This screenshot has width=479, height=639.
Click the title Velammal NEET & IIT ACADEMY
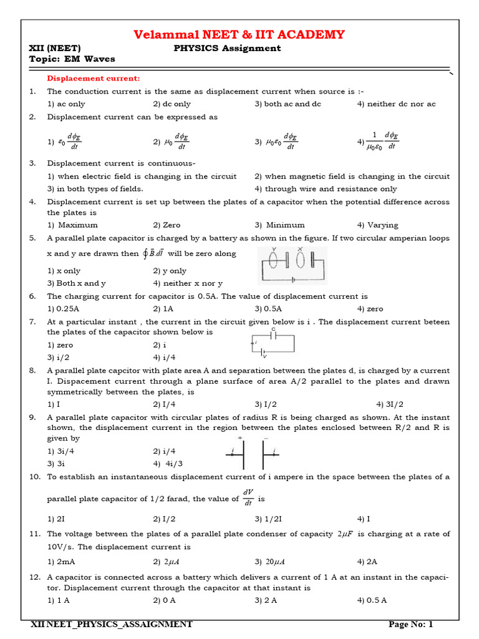click(239, 34)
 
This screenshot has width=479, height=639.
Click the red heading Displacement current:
click(94, 78)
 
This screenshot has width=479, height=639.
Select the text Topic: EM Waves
click(72, 59)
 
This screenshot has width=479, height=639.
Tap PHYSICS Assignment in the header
click(226, 48)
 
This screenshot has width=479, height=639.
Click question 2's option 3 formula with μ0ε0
click(274, 142)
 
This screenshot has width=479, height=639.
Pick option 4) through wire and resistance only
click(326, 188)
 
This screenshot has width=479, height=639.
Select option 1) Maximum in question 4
click(72, 225)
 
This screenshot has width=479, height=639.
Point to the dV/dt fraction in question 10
click(248, 498)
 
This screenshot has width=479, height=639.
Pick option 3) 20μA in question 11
click(270, 562)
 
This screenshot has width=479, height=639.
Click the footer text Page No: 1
click(410, 624)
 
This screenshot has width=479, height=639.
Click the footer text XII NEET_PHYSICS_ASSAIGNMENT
click(112, 624)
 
